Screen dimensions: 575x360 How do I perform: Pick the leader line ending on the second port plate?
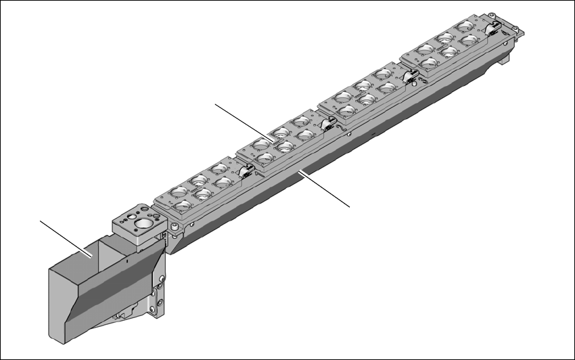pos(244,122)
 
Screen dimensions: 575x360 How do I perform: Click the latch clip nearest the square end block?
pos(245,173)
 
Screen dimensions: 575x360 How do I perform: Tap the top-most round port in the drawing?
pos(465,26)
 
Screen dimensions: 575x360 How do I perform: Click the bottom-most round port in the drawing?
pos(182,204)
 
